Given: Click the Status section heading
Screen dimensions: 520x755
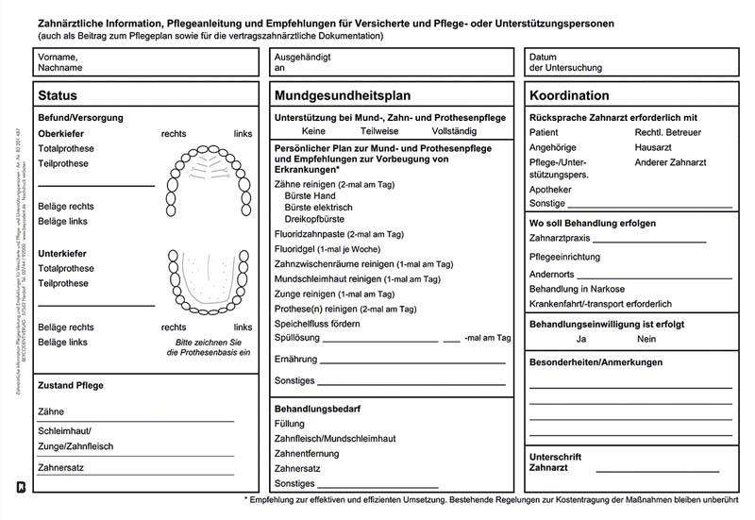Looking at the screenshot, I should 58,96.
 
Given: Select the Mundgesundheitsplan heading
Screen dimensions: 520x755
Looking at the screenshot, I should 343,96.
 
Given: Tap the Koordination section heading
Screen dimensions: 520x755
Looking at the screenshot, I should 569,96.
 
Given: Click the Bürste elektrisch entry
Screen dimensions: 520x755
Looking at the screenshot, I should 318,208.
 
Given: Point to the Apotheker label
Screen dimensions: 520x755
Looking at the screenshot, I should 550,190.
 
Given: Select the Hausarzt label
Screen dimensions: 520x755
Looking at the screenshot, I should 653,147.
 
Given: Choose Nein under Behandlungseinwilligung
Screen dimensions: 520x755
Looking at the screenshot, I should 646,339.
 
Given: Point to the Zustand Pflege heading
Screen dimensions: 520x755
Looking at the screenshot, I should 71,386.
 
